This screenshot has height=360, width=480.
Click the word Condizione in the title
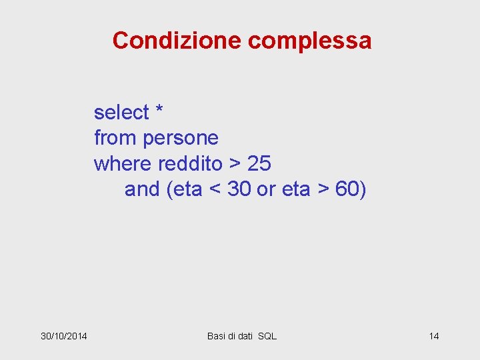click(177, 41)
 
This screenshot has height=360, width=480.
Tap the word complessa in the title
click(309, 41)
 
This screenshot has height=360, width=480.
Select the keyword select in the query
click(121, 113)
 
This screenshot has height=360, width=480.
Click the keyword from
click(116, 138)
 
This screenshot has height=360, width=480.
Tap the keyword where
click(123, 163)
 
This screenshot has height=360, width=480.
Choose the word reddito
click(189, 163)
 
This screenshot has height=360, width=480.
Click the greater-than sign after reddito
click(234, 164)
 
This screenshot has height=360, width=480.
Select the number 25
click(259, 163)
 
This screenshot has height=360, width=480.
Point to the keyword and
click(142, 189)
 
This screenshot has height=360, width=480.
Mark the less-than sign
click(215, 190)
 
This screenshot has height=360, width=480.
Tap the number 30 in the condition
click(239, 189)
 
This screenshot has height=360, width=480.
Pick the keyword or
click(266, 190)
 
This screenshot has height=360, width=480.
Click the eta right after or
click(296, 189)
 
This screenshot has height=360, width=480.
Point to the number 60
click(347, 189)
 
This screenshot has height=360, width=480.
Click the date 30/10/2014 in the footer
click(68, 335)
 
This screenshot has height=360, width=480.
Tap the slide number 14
click(433, 335)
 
